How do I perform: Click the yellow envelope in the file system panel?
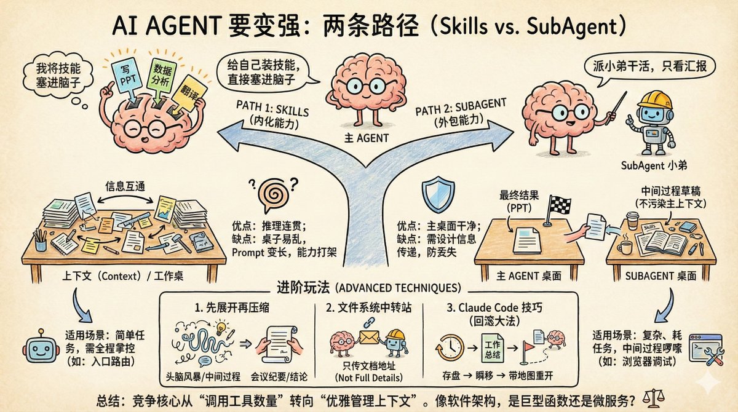tap(370, 337)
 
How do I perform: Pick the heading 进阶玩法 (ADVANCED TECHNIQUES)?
tap(369, 287)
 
